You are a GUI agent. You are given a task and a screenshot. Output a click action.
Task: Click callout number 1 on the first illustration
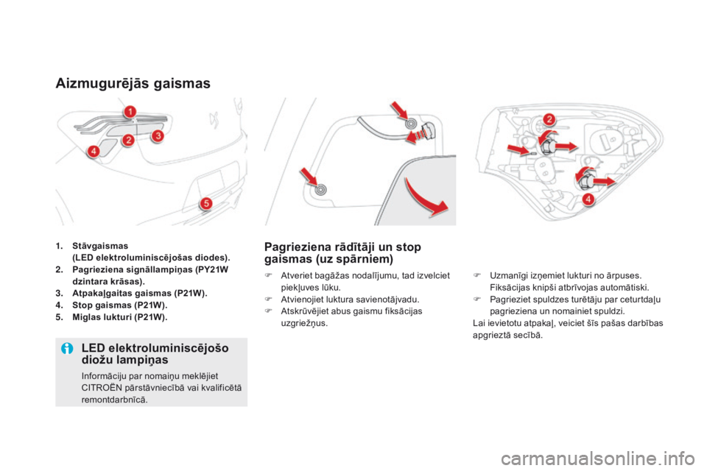pos(129,111)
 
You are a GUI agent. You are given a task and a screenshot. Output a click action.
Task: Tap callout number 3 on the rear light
pos(158,135)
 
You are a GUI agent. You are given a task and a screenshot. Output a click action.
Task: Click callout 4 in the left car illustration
pos(94,152)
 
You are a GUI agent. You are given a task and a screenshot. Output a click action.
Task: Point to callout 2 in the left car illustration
pos(128,140)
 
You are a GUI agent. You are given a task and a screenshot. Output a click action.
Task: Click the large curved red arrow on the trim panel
pos(432,198)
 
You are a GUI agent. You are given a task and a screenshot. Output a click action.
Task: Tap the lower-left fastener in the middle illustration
pos(320,189)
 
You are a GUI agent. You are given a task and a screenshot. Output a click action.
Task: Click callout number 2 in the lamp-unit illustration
pos(549,119)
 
